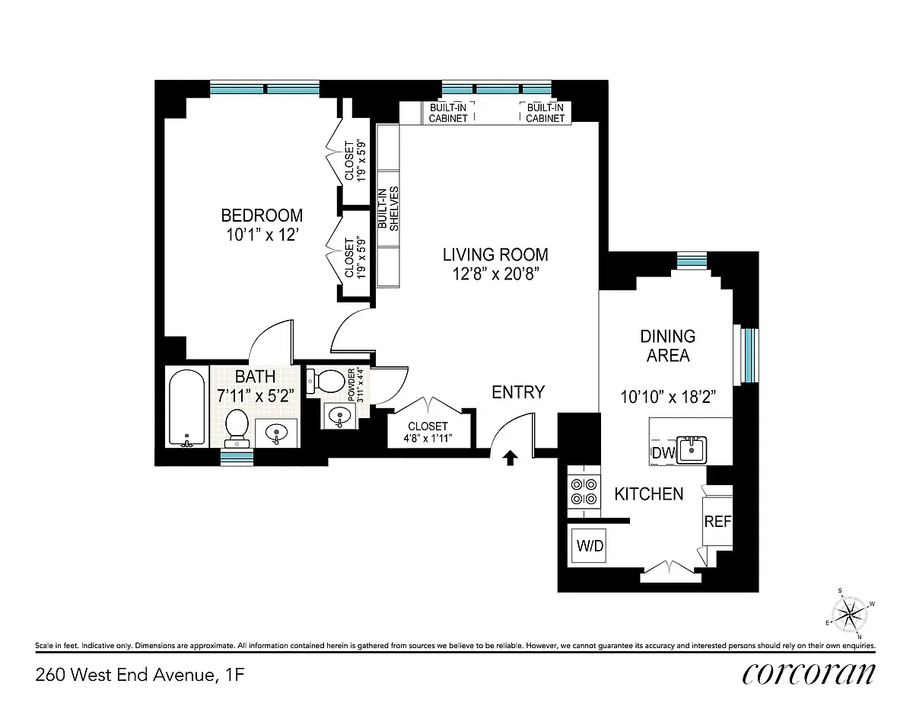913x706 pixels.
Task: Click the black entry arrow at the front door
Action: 510,458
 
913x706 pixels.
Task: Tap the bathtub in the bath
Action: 187,407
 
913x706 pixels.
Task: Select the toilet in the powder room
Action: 326,381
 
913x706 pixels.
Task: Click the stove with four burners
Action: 584,491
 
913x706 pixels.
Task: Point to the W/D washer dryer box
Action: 589,546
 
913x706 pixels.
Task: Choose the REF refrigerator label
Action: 717,522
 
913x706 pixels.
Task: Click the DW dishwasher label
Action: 663,453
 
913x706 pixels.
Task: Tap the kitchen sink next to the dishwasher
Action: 692,449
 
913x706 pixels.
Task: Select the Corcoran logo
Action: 808,675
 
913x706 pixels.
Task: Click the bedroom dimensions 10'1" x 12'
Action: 262,235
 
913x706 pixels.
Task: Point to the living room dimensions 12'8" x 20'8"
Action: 495,274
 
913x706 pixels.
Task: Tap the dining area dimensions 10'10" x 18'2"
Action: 668,397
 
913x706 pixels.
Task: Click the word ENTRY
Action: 518,392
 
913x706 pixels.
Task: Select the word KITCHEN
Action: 649,494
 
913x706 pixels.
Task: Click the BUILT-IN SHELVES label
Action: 388,209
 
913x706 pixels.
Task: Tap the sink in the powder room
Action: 339,417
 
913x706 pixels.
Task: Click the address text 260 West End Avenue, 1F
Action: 140,676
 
